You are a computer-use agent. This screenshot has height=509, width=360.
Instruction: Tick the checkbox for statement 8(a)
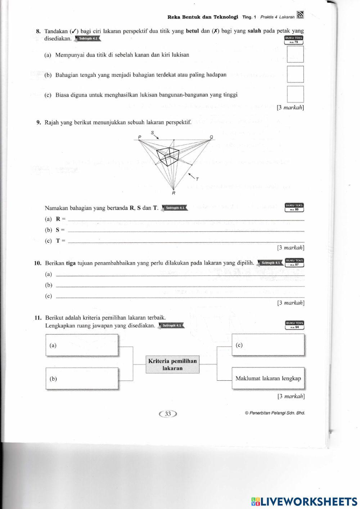click(x=295, y=54)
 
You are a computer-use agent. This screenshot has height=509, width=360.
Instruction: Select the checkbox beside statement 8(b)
click(x=295, y=75)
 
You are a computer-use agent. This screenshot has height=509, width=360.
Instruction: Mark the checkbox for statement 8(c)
click(x=295, y=94)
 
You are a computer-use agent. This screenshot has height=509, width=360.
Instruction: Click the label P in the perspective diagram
click(x=140, y=137)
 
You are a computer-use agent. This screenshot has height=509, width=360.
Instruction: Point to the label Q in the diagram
click(x=211, y=137)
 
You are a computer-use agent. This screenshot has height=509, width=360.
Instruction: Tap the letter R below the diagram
click(x=174, y=193)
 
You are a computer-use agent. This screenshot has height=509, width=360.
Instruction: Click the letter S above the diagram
click(x=152, y=132)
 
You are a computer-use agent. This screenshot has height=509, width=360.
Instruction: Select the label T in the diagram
click(x=197, y=179)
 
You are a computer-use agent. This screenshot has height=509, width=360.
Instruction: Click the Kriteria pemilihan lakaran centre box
click(x=172, y=365)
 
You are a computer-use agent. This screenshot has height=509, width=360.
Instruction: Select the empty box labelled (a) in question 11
click(x=82, y=345)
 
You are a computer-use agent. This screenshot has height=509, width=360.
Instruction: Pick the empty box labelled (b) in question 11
click(x=82, y=378)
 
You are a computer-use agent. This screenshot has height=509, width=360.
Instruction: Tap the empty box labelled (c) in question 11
click(x=268, y=345)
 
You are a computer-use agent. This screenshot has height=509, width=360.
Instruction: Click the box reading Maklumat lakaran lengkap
click(x=268, y=378)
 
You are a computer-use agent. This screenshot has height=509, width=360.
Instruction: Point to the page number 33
click(x=168, y=414)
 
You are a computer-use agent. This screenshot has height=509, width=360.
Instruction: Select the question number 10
click(x=38, y=263)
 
